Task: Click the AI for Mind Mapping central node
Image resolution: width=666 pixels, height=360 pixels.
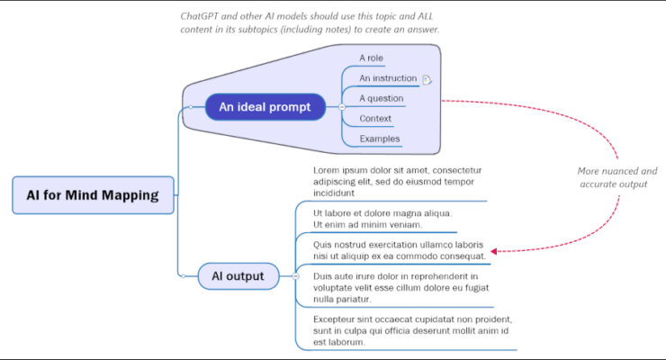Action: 94,194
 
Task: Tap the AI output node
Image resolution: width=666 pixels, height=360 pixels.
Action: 238,275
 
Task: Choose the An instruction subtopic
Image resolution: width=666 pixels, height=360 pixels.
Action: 388,78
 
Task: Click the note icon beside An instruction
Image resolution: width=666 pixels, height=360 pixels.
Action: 427,79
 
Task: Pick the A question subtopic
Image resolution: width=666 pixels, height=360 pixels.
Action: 381,98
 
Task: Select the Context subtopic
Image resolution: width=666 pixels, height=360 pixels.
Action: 374,119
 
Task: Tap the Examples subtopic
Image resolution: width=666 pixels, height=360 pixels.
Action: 379,139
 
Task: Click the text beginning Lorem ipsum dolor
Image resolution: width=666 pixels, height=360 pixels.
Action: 397,181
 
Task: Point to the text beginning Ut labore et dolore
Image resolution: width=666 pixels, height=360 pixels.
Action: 382,219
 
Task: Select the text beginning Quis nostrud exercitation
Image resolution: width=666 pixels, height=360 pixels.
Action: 399,249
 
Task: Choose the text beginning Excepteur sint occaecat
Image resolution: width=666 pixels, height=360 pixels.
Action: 412,330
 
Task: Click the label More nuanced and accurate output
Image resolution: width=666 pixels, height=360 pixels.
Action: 616,177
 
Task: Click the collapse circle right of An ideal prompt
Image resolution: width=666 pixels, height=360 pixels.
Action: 341,108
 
